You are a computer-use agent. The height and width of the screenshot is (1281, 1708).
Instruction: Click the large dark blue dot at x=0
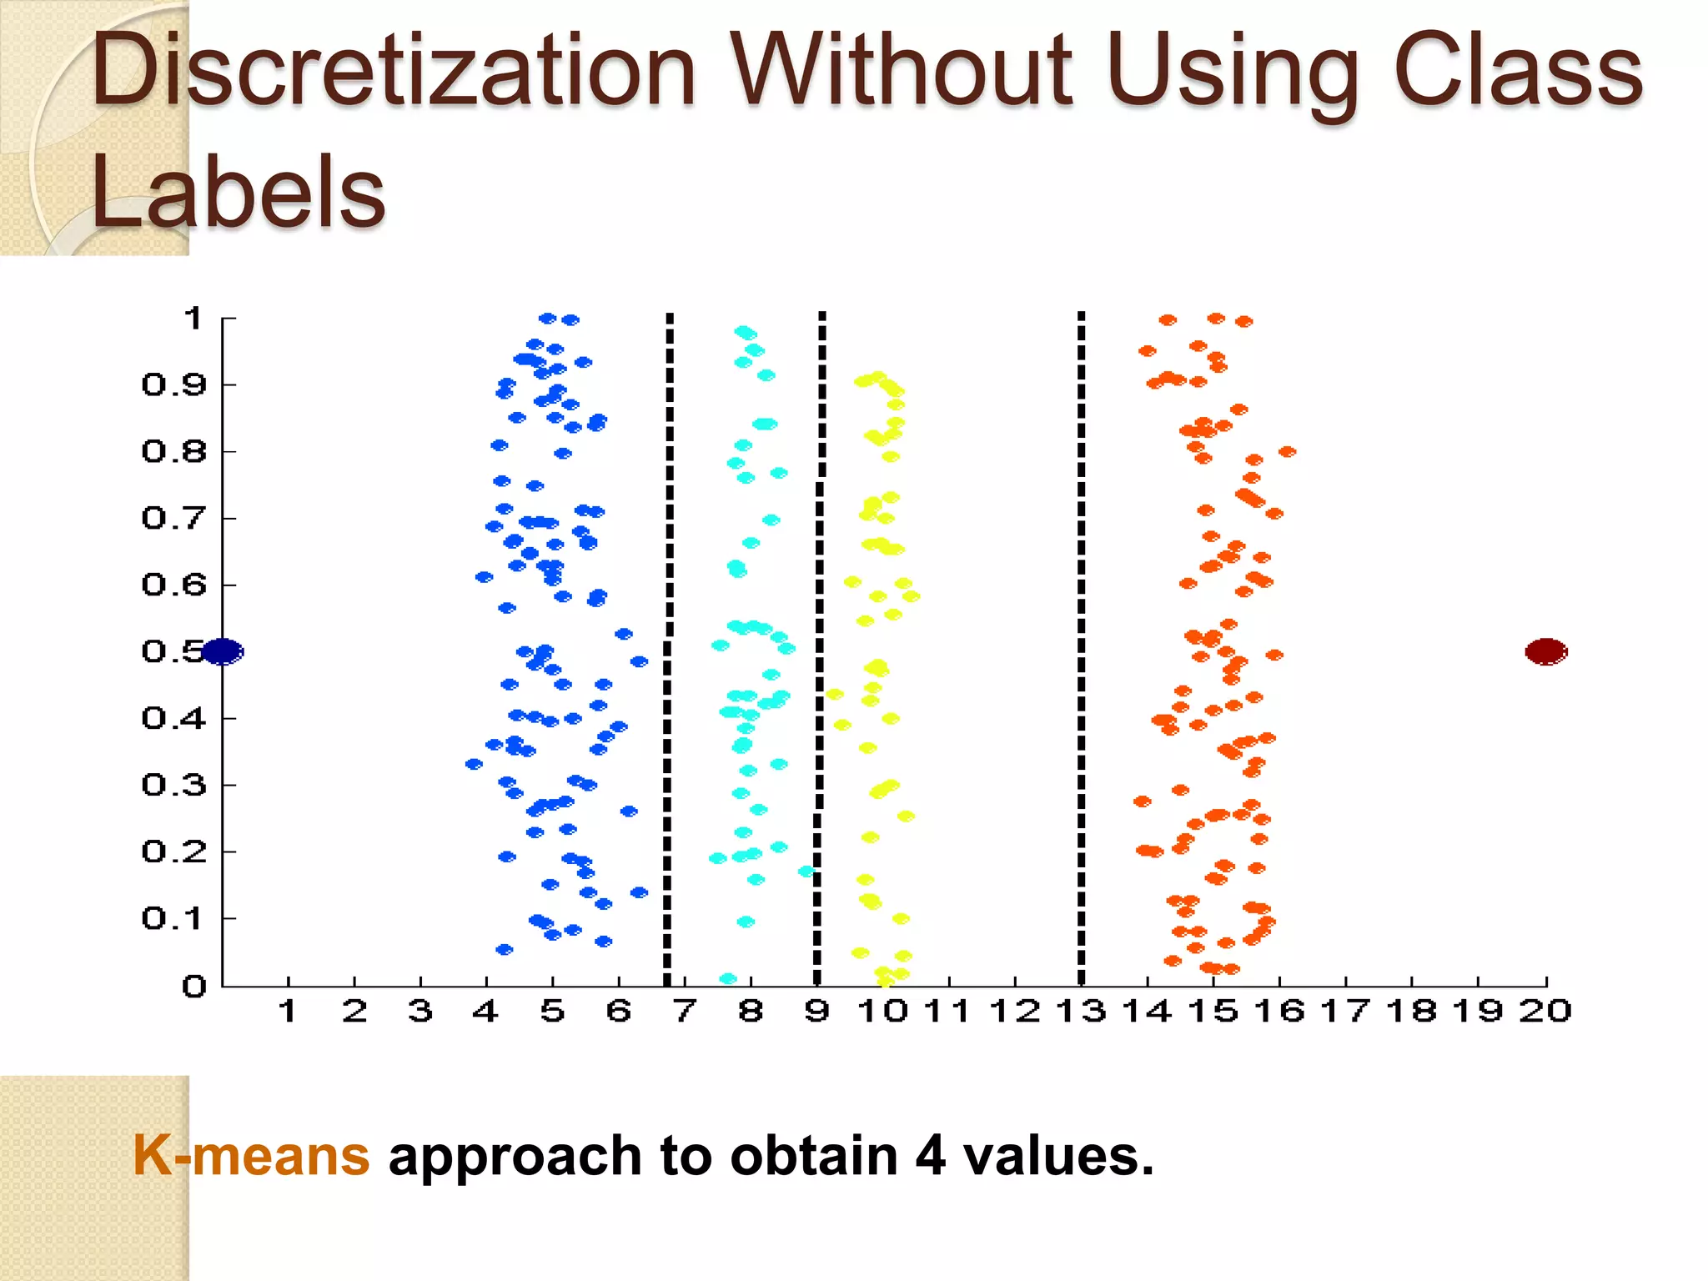[223, 651]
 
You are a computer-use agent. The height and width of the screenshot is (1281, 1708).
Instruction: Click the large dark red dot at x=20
[1546, 651]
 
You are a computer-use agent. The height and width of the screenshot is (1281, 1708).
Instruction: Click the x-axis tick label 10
[882, 1012]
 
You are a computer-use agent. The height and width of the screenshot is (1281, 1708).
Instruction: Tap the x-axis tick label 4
[485, 1012]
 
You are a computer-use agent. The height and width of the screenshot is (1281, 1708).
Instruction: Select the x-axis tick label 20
[1545, 1012]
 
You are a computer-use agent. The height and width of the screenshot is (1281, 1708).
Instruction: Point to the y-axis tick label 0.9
[173, 384]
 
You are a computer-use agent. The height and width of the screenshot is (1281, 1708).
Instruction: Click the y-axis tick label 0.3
[173, 785]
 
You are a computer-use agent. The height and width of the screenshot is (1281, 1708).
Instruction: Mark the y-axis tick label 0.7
[173, 518]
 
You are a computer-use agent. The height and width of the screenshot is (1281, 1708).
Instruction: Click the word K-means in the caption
[251, 1156]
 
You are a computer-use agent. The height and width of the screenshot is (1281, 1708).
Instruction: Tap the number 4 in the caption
[930, 1156]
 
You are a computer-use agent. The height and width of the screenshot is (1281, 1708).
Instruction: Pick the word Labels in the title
[239, 193]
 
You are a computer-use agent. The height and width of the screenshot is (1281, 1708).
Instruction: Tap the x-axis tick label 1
[288, 1012]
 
